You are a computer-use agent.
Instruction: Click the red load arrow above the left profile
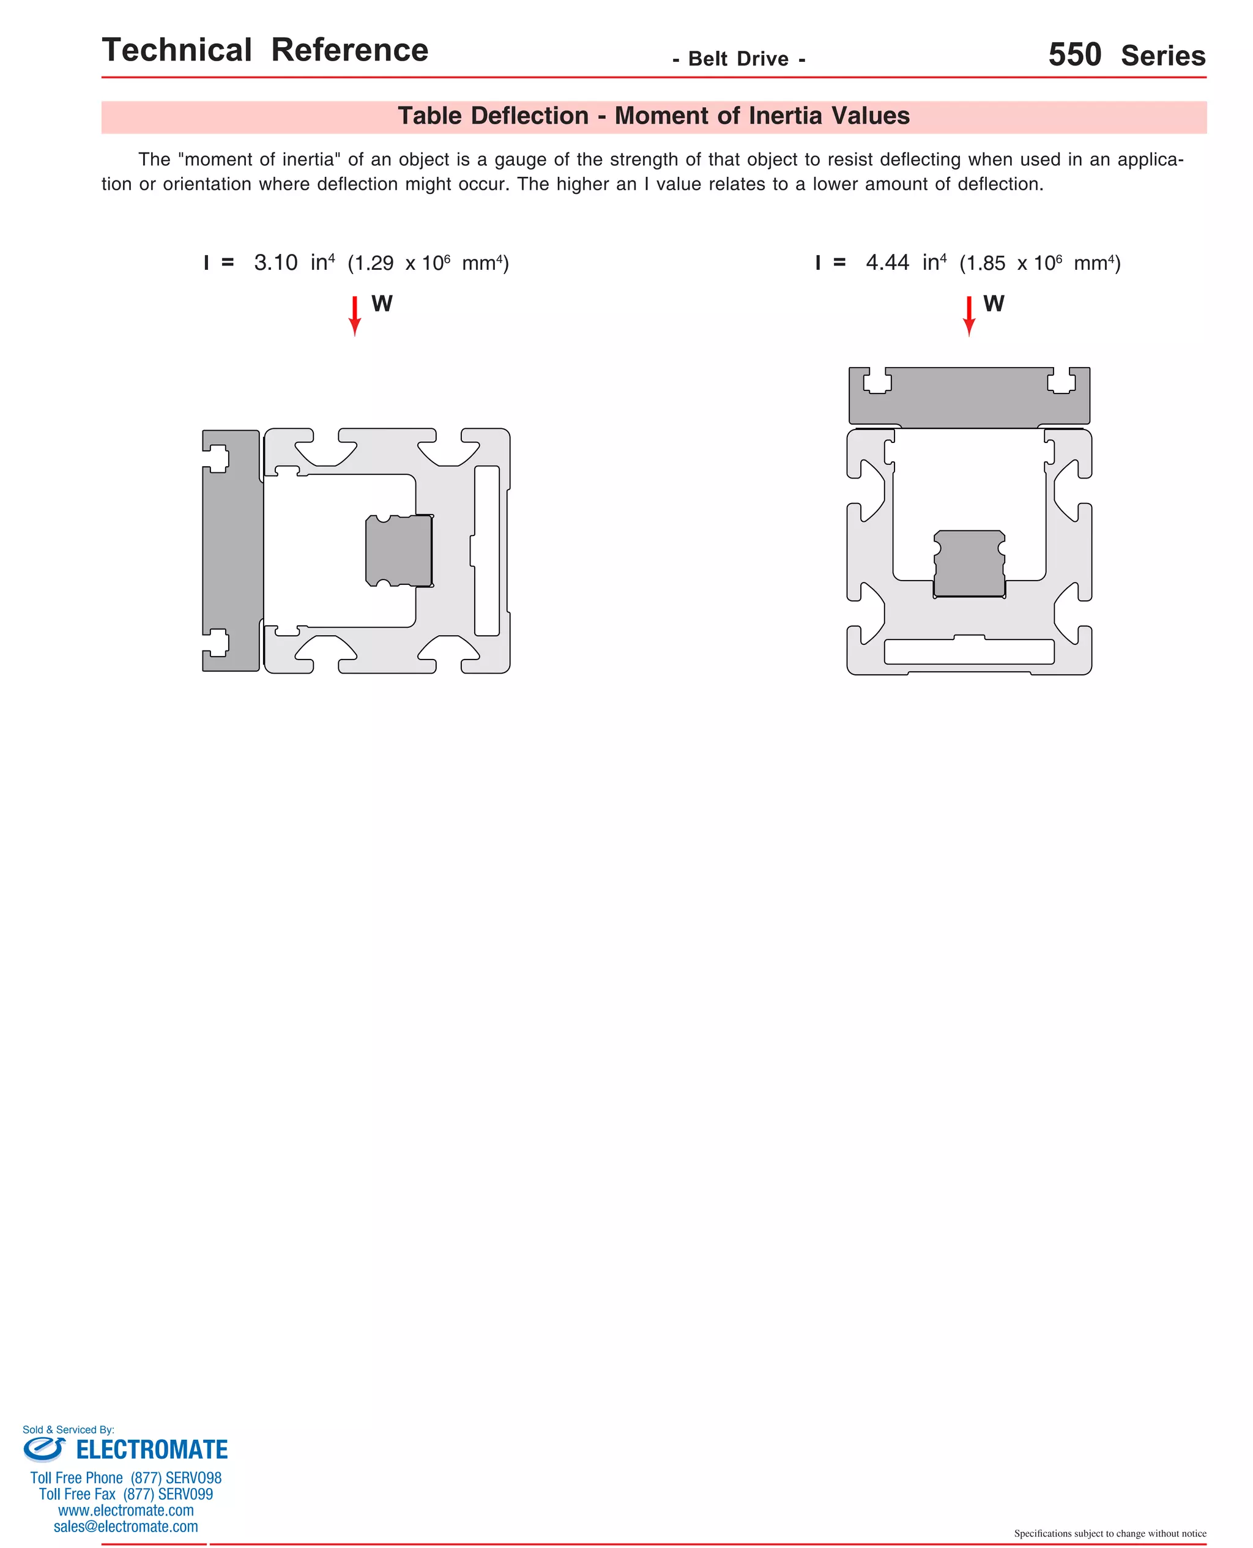pyautogui.click(x=354, y=315)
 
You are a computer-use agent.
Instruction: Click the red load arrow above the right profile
pyautogui.click(x=969, y=315)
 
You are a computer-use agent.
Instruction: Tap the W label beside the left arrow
pyautogui.click(x=382, y=304)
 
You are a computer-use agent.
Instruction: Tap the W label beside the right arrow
pyautogui.click(x=993, y=304)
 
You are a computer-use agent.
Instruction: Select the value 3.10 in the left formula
pyautogui.click(x=276, y=262)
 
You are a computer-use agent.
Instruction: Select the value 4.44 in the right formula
pyautogui.click(x=887, y=262)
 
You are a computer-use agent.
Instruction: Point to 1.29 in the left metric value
pyautogui.click(x=374, y=264)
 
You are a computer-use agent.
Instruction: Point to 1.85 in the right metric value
pyautogui.click(x=985, y=264)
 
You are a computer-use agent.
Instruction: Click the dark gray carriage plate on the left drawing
pyautogui.click(x=232, y=551)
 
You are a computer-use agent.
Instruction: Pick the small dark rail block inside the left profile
pyautogui.click(x=399, y=551)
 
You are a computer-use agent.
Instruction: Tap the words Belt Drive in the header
pyautogui.click(x=738, y=59)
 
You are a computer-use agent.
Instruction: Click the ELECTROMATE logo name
pyautogui.click(x=152, y=1450)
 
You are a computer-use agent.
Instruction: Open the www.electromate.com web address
pyautogui.click(x=125, y=1511)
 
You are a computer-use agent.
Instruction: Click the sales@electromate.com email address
pyautogui.click(x=125, y=1527)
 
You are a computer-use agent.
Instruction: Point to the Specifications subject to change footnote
pyautogui.click(x=1109, y=1533)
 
